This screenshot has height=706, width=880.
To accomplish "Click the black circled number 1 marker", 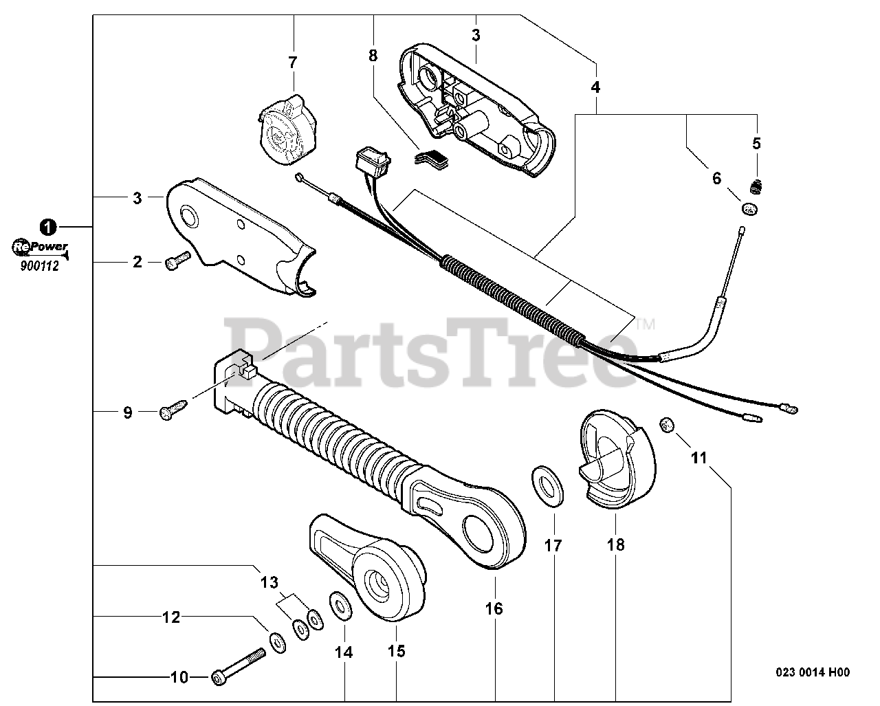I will click(x=47, y=225).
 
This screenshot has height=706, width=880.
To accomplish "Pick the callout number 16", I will click(x=494, y=608).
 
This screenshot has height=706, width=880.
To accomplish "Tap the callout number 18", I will click(x=615, y=545).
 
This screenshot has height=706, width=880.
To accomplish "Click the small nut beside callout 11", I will click(x=665, y=426).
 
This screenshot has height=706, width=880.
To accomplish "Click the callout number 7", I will click(x=293, y=63).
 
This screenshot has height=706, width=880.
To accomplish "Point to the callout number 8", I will click(x=373, y=56).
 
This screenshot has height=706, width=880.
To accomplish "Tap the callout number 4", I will click(x=595, y=87).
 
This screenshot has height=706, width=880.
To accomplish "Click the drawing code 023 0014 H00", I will click(x=813, y=673).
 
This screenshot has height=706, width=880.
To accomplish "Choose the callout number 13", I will click(x=269, y=583).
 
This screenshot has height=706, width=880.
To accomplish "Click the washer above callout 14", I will click(x=340, y=604).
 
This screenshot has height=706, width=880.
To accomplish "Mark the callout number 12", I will click(x=171, y=617).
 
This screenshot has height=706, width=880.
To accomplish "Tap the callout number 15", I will click(x=397, y=650).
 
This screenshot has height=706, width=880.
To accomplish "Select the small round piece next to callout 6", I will click(x=749, y=208).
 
